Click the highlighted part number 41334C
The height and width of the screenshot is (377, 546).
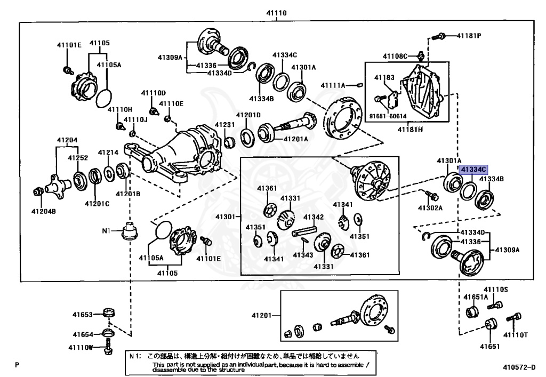point(473,170)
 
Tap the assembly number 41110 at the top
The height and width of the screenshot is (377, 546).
point(277,13)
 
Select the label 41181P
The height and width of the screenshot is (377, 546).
point(469,36)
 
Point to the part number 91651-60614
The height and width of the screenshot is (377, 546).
point(388,116)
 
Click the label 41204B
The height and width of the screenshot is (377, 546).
point(44,211)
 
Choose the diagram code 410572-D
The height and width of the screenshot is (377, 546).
point(519,367)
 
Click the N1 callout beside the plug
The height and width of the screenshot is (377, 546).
point(106,230)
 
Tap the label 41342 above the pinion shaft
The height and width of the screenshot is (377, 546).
point(314,217)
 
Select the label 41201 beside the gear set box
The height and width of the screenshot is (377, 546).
point(261,315)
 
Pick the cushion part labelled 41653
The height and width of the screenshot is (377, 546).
point(109,312)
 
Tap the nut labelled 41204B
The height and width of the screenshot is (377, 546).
point(38,191)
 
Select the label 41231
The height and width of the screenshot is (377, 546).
point(224,125)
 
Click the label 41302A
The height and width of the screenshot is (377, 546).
point(430,208)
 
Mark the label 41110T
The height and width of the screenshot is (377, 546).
point(516,334)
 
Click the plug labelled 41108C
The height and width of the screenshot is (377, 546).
point(420,55)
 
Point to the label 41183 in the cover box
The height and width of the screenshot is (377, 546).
point(384,77)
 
